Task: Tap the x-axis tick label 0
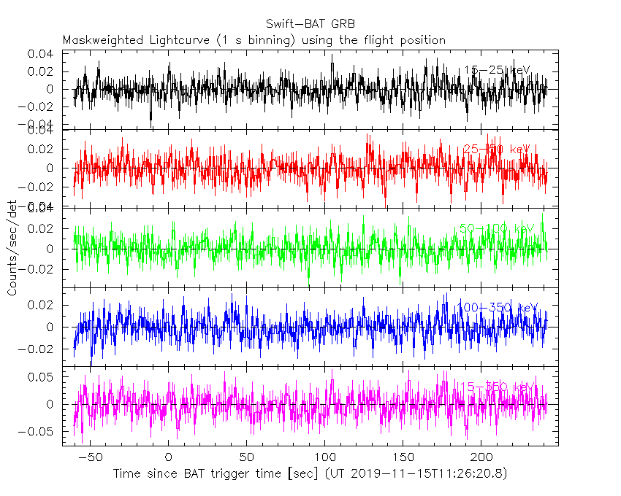(x=169, y=457)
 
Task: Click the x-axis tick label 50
(x=247, y=457)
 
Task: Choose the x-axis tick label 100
(x=325, y=457)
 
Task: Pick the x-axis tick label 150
(x=403, y=457)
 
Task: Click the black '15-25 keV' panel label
(x=498, y=70)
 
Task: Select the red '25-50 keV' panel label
(x=498, y=149)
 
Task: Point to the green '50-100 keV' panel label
(x=498, y=228)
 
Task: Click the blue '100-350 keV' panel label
(x=498, y=307)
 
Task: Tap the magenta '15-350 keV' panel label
(x=498, y=387)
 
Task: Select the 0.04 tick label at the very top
(x=41, y=54)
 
